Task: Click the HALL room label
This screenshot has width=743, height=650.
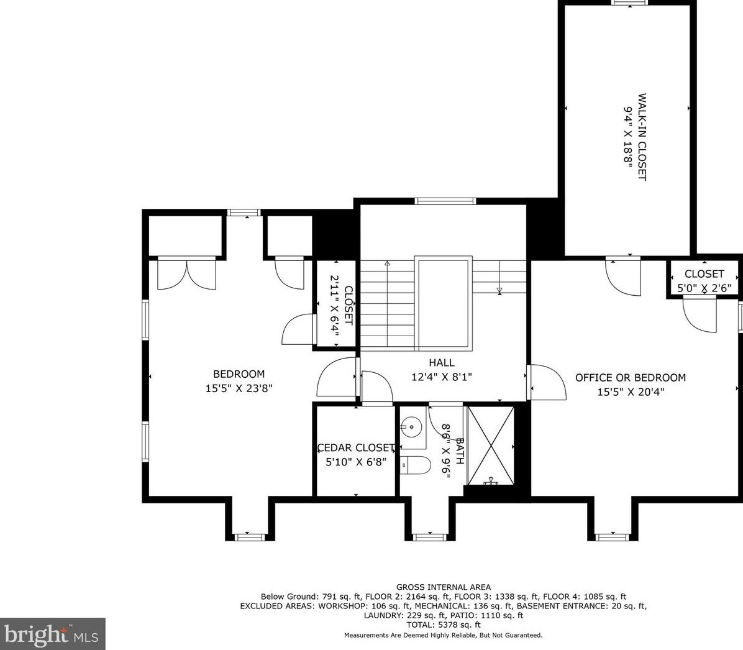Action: point(442,363)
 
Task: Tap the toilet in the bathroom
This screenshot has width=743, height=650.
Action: point(415,465)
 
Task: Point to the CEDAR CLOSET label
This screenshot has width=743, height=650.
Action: point(356,447)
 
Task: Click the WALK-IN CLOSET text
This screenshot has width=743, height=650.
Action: point(642,137)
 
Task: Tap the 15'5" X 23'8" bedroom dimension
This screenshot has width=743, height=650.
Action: point(239,388)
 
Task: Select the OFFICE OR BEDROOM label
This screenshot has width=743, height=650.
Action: point(631,377)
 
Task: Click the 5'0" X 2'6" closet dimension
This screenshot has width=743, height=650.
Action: point(704,288)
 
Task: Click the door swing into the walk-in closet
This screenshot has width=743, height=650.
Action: point(623,277)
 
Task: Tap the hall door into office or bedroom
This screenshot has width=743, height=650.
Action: point(547,383)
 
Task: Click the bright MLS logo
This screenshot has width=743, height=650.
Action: point(52,634)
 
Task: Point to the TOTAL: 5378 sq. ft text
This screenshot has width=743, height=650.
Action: point(444,625)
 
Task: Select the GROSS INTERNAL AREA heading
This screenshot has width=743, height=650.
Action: point(444,587)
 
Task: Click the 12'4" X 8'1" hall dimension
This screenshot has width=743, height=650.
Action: point(442,377)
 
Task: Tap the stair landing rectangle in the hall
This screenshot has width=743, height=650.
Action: point(444,303)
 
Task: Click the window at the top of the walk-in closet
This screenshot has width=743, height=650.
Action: point(630,2)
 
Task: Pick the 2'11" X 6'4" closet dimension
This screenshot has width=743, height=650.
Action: point(335,306)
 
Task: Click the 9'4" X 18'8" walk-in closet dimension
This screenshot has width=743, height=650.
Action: point(628,137)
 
